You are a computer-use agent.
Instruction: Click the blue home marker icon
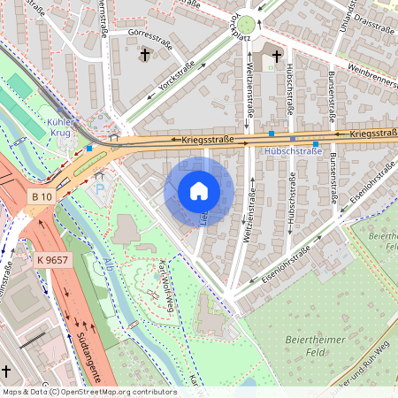[x=199, y=191]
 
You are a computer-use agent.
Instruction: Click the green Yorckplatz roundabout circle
[x=246, y=25]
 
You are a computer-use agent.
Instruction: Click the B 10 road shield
[x=41, y=195]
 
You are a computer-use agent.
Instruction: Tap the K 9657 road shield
[x=52, y=260]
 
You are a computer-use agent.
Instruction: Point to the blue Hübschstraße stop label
[x=293, y=151]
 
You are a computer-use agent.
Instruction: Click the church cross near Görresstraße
[x=144, y=56]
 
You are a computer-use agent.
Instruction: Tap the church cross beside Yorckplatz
[x=276, y=57]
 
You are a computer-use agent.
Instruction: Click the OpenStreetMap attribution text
[x=88, y=391]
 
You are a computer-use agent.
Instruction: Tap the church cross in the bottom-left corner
[x=6, y=371]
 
